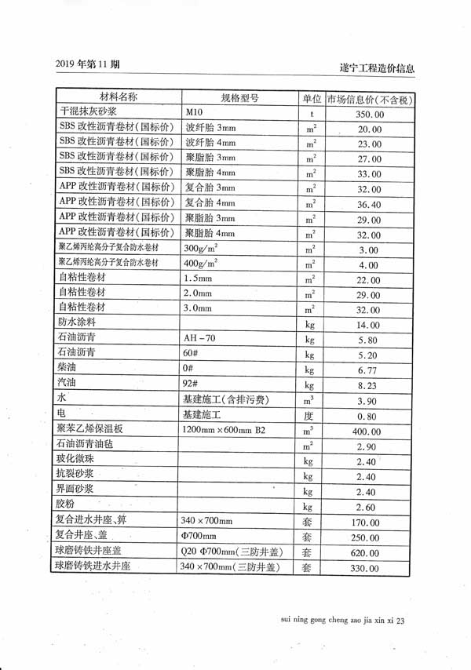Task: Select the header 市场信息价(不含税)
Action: [x=368, y=100]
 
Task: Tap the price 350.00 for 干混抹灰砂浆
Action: [x=369, y=115]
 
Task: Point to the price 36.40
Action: [x=369, y=204]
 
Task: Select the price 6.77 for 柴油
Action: [x=369, y=370]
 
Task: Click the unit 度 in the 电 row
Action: [x=309, y=417]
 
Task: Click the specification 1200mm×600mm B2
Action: [x=224, y=430]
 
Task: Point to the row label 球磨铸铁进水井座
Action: [x=102, y=566]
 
